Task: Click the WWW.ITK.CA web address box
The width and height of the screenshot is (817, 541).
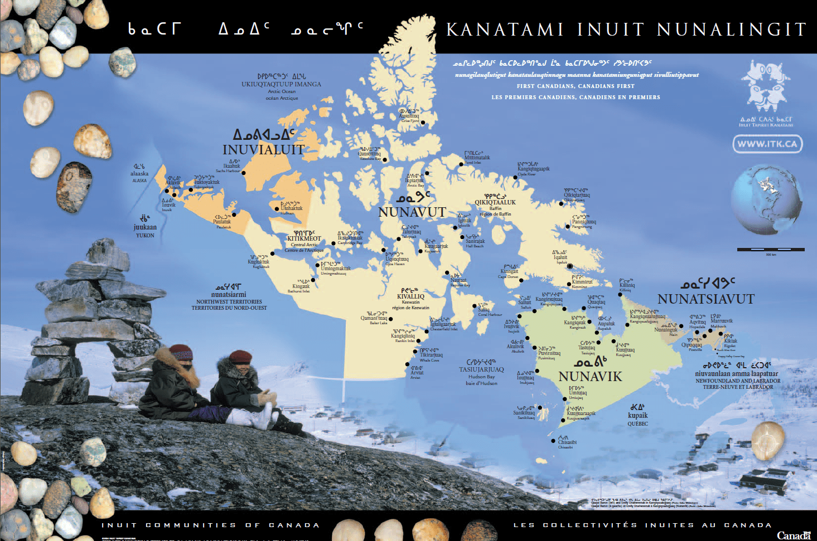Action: tap(767, 144)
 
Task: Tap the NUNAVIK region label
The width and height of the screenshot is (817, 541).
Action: tap(590, 377)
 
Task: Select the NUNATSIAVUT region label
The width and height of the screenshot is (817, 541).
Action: tap(705, 299)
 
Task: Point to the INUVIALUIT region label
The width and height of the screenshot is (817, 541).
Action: tap(263, 149)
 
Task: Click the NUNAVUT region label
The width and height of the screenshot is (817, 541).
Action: tap(412, 212)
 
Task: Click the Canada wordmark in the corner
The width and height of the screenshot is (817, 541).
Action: tap(793, 535)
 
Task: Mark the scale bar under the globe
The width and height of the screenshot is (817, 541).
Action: tap(771, 250)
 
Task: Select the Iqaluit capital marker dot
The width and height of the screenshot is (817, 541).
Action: tap(570, 266)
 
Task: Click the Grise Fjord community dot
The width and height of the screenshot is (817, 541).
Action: tap(423, 123)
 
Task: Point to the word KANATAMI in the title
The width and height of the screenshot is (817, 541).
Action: tap(505, 30)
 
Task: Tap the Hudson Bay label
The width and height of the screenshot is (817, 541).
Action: tap(481, 377)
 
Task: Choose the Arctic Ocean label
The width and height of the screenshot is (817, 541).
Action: tap(282, 91)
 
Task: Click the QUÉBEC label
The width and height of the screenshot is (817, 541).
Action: tap(637, 423)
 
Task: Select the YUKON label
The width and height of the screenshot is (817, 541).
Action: tap(145, 235)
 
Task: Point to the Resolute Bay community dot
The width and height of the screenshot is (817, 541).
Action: tap(384, 160)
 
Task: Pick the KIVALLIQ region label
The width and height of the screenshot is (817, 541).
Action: tap(410, 296)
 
